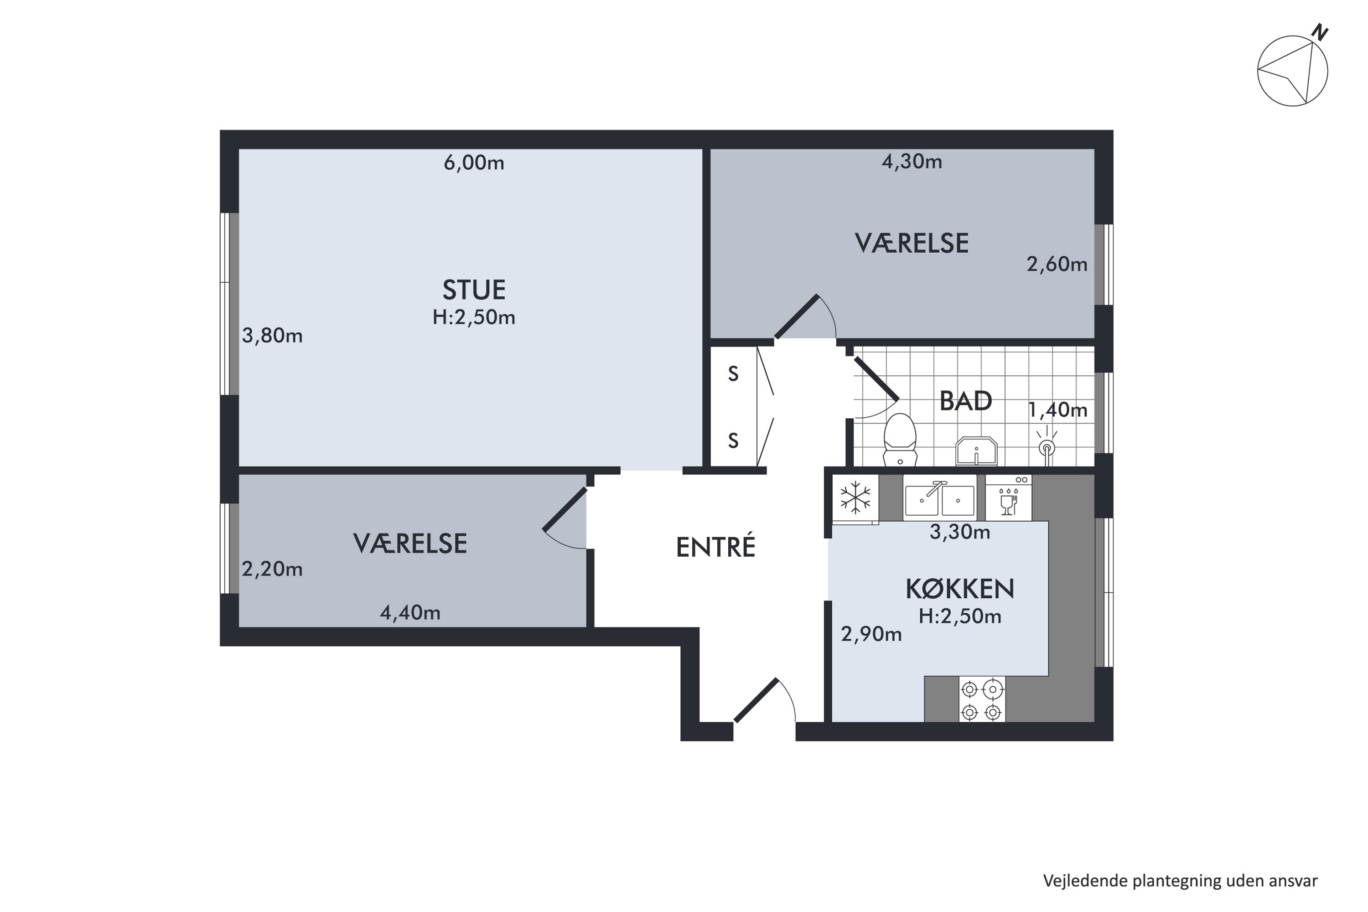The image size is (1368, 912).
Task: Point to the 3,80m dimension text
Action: point(272,336)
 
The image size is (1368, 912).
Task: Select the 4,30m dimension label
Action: point(912,162)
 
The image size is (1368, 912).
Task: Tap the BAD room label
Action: point(965,401)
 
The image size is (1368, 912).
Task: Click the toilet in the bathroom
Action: point(900,439)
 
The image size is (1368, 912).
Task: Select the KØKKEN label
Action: point(960,589)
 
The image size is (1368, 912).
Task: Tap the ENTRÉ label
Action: point(715,547)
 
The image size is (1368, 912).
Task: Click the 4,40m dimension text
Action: point(410,612)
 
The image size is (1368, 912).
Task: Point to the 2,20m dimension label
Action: point(272,569)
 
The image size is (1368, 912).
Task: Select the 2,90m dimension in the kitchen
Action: point(871,634)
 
